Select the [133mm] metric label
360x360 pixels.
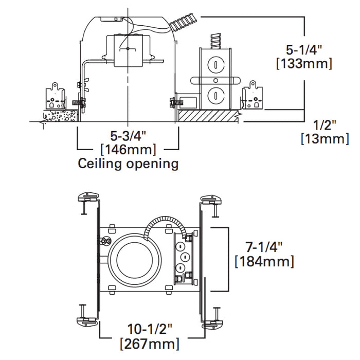pos(304,64)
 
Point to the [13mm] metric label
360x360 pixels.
pos(324,138)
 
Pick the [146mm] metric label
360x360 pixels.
pos(128,150)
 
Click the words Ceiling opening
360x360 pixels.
pos(128,164)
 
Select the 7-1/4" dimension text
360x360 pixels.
pos(264,246)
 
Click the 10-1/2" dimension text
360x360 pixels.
pos(150,329)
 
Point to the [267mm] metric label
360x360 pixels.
pos(150,343)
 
